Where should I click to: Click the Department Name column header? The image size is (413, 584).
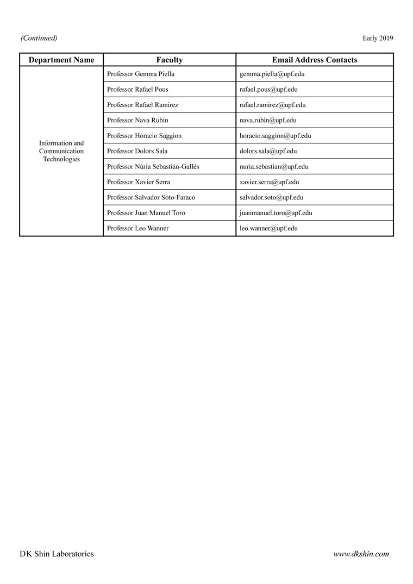tap(61, 60)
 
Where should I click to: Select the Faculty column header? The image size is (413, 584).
tap(170, 60)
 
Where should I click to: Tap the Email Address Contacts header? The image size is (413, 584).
tap(315, 60)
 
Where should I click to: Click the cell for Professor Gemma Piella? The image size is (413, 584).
tap(141, 74)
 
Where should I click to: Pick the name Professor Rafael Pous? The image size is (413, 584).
tap(137, 89)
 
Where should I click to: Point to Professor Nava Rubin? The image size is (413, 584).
tap(137, 120)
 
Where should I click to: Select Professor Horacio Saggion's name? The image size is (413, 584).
tap(145, 135)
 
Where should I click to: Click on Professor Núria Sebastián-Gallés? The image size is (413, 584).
tap(153, 167)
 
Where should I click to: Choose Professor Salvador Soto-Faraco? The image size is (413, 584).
tap(151, 197)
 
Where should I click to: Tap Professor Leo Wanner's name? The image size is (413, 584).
tap(138, 228)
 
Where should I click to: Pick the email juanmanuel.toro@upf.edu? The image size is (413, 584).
tap(276, 213)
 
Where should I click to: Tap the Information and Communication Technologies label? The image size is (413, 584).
tap(61, 151)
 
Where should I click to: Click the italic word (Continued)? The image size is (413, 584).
tap(39, 38)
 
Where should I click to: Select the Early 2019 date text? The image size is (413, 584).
tap(378, 38)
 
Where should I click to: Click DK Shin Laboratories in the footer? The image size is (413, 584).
tap(57, 554)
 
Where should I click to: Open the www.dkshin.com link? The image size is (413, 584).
tap(361, 554)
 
